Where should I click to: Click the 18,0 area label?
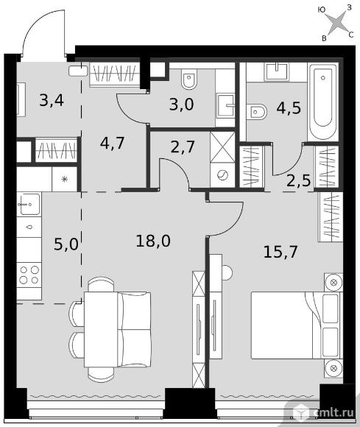click(x=153, y=241)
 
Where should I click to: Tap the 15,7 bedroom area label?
click(x=280, y=252)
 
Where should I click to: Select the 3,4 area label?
click(x=52, y=100)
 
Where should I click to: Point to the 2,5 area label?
click(x=299, y=180)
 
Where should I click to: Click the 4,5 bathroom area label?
click(x=289, y=107)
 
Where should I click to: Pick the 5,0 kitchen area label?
click(x=66, y=244)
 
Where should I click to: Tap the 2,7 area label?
click(x=183, y=147)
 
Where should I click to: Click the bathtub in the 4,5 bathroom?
click(x=323, y=102)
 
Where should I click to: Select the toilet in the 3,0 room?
click(x=189, y=80)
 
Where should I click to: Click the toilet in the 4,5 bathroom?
click(x=256, y=112)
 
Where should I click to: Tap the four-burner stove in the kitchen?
click(x=29, y=275)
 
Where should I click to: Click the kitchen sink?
click(x=29, y=204)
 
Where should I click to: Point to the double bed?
click(x=295, y=325)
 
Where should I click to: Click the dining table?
click(x=101, y=329)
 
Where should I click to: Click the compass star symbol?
click(x=337, y=23)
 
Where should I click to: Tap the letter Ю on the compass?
click(x=322, y=10)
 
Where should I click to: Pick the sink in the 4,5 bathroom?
click(x=277, y=71)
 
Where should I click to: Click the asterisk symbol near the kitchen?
click(x=65, y=179)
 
